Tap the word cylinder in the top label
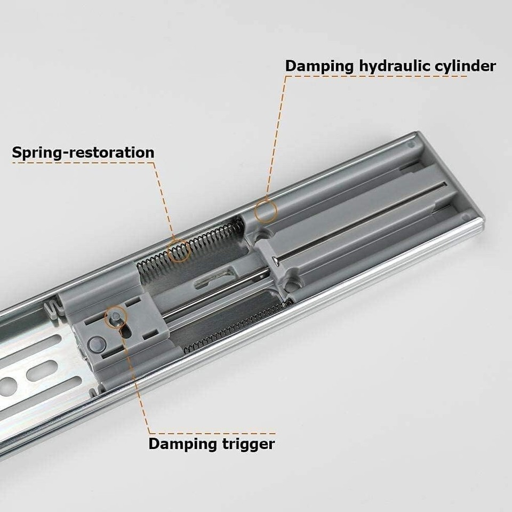(x=464, y=66)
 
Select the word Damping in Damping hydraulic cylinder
(x=319, y=66)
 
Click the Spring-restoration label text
(x=83, y=153)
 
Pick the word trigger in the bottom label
(x=245, y=444)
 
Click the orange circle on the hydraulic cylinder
(x=266, y=212)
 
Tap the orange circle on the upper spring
(x=179, y=250)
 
